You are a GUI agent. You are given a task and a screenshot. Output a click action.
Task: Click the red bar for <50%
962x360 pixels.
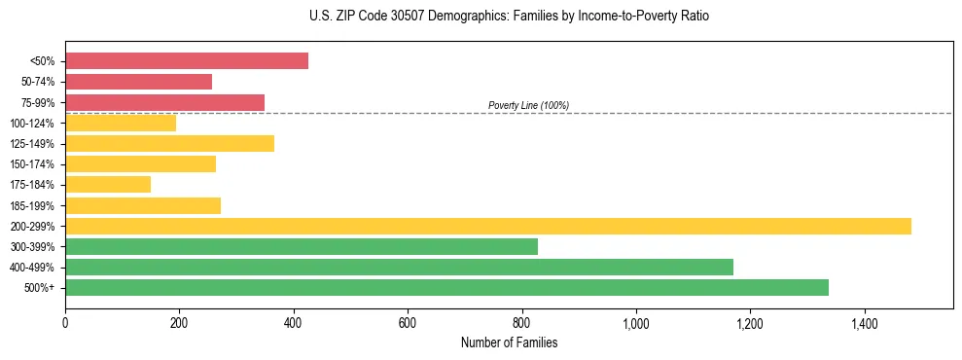[187, 61]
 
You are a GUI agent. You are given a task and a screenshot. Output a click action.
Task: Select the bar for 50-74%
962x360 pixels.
[138, 82]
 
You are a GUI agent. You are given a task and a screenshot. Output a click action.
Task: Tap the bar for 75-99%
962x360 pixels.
[164, 102]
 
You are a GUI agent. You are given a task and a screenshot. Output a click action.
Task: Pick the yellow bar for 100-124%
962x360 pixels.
[121, 123]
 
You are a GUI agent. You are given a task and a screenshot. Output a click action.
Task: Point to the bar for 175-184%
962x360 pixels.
[108, 185]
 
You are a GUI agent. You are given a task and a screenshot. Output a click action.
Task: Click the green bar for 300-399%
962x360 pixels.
[302, 246]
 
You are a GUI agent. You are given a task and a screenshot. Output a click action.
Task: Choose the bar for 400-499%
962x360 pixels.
[399, 267]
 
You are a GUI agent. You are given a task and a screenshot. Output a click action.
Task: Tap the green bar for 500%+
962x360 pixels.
[446, 287]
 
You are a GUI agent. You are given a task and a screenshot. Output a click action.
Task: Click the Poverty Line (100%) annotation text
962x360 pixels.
[528, 105]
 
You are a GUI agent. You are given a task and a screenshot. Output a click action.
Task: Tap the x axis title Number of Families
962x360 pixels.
[509, 342]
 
